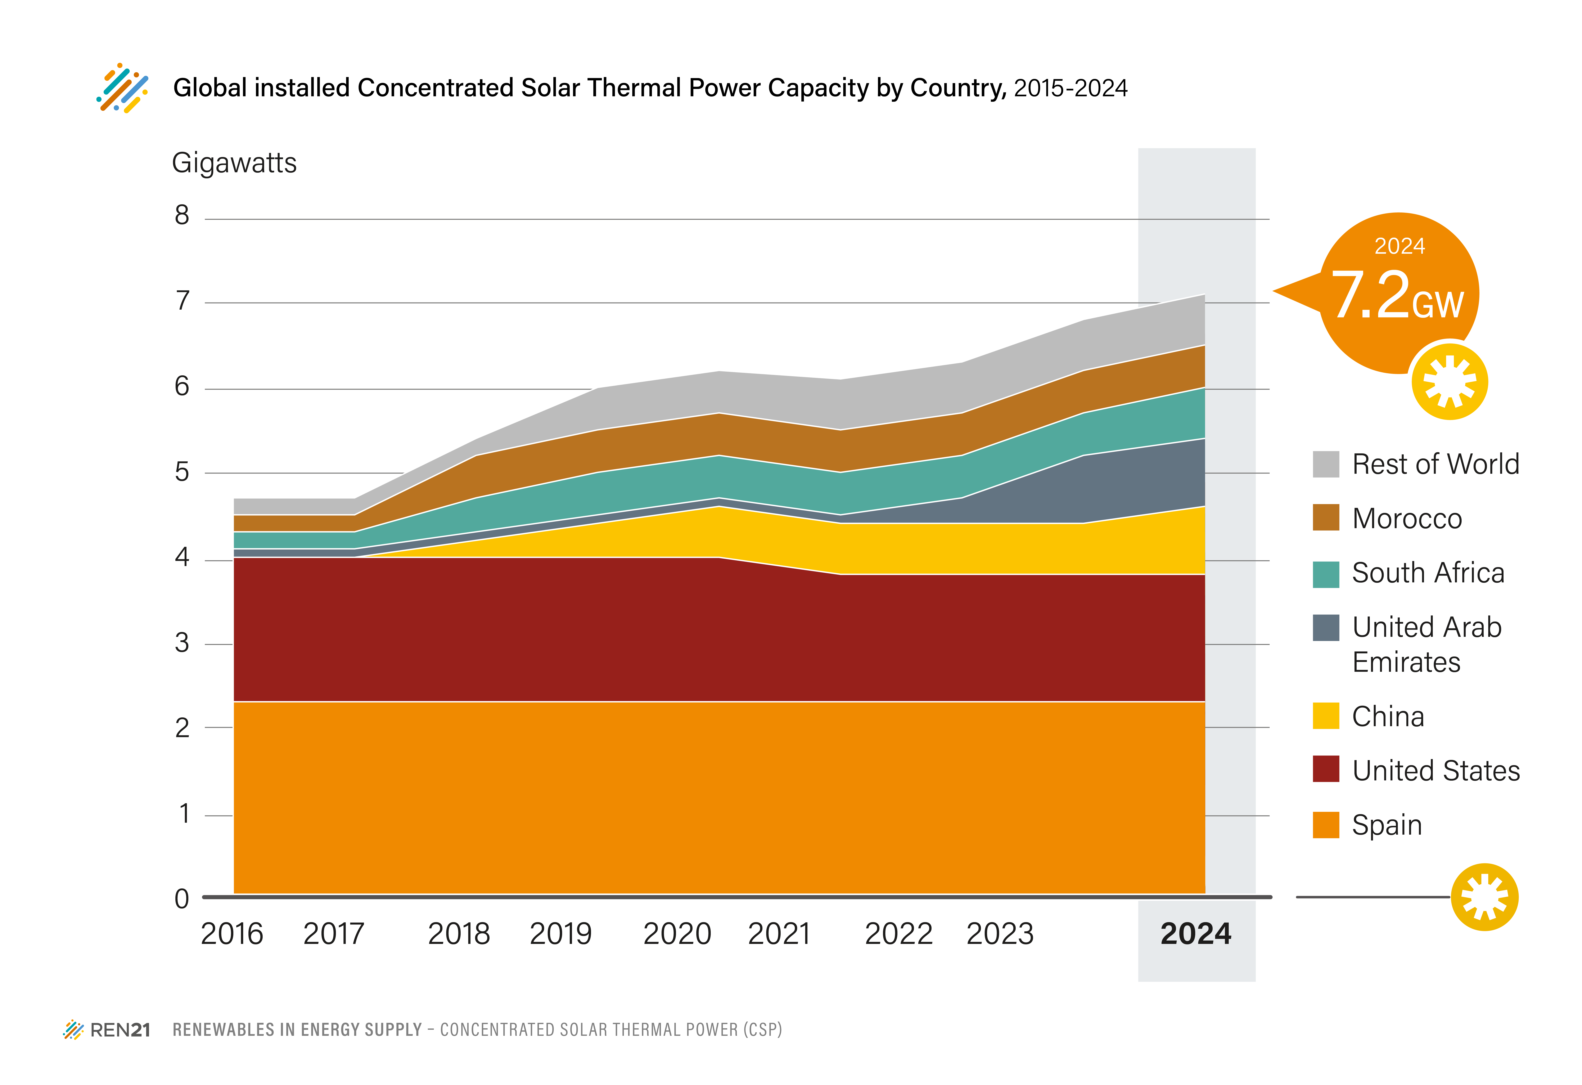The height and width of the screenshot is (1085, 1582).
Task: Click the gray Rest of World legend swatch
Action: [1325, 464]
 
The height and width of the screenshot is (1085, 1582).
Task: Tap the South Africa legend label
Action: [1428, 573]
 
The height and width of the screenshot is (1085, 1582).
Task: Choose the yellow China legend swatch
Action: [1325, 716]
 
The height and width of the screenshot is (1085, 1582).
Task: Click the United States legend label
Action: [1436, 771]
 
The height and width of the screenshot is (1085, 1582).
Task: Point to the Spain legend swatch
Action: [1325, 825]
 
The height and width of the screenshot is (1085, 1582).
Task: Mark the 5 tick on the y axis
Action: [182, 472]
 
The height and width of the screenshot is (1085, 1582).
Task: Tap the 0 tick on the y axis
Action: [182, 898]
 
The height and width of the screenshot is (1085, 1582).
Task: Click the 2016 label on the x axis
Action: [231, 933]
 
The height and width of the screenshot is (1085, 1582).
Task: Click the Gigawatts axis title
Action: [234, 163]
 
